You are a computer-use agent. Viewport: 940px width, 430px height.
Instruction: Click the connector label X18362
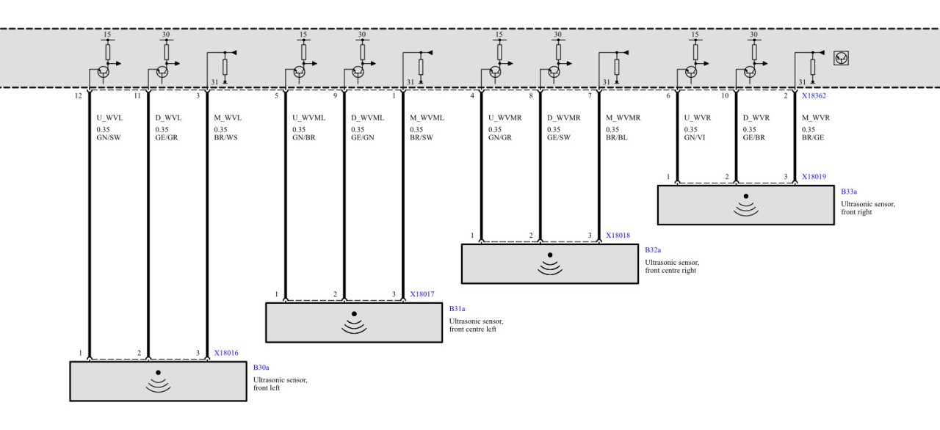pos(814,95)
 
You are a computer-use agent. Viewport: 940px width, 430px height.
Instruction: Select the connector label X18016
pos(226,353)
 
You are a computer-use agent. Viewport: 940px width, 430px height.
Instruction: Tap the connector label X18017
pos(422,294)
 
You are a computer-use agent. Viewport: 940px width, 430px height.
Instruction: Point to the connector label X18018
pos(618,235)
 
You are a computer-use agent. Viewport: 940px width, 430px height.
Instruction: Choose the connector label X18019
pos(814,176)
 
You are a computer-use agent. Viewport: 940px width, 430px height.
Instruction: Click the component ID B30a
pos(261,368)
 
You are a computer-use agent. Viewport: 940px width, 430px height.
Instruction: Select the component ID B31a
pos(457,309)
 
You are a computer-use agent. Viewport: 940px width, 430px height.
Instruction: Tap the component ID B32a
pos(653,250)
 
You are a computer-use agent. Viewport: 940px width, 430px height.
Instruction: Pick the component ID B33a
pos(849,192)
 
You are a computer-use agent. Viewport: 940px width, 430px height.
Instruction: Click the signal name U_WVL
pos(109,117)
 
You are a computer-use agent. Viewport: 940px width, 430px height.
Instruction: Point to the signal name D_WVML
pos(368,117)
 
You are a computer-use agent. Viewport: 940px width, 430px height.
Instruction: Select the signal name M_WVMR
pos(623,117)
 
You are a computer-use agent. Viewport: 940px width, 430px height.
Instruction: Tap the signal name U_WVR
pos(698,117)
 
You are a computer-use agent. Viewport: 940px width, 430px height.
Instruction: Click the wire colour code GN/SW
pos(109,137)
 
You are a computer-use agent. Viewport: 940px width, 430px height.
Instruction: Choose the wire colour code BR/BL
pos(617,137)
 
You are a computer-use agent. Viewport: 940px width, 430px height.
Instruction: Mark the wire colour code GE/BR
pos(754,137)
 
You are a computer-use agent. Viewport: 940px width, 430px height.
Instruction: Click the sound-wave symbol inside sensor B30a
pos(158,386)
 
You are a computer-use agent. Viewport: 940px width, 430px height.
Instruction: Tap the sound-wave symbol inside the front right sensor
pos(745,210)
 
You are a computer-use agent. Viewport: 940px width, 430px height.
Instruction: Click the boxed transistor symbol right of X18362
pos(841,58)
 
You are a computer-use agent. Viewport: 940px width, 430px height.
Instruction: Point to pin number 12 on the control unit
pos(79,96)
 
